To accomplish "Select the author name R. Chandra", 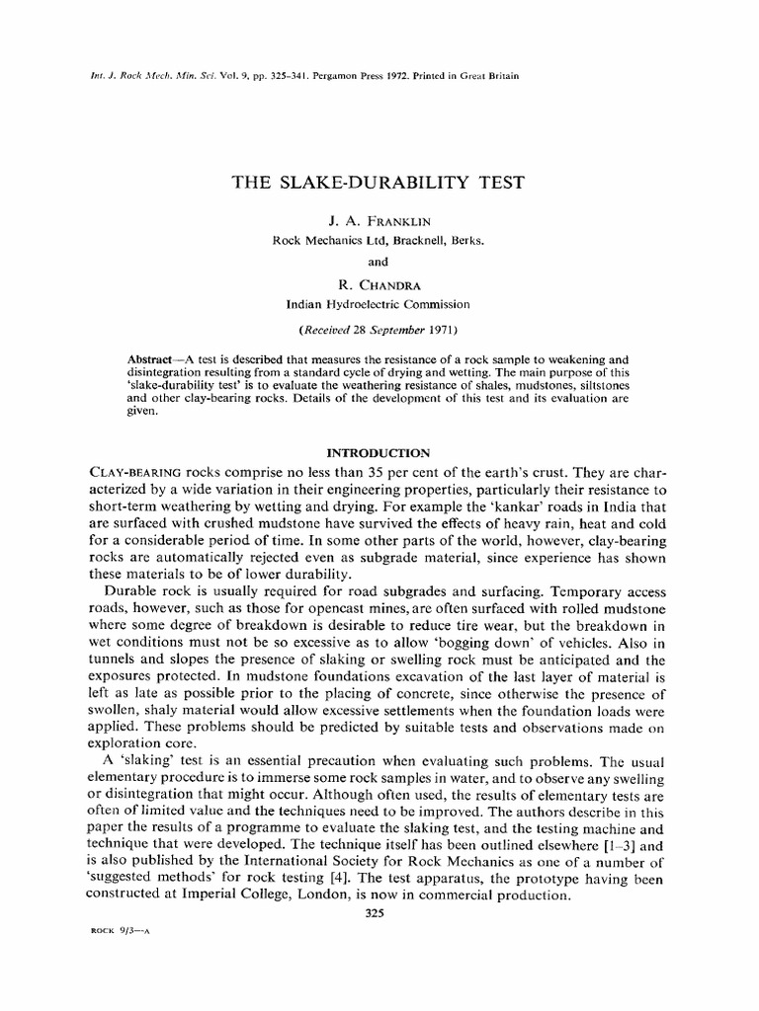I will [x=379, y=285].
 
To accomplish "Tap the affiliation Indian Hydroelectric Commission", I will [x=379, y=304].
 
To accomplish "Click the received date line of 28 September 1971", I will [x=379, y=327].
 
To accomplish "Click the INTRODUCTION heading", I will [x=379, y=453].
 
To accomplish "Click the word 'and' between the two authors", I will [x=379, y=263].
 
